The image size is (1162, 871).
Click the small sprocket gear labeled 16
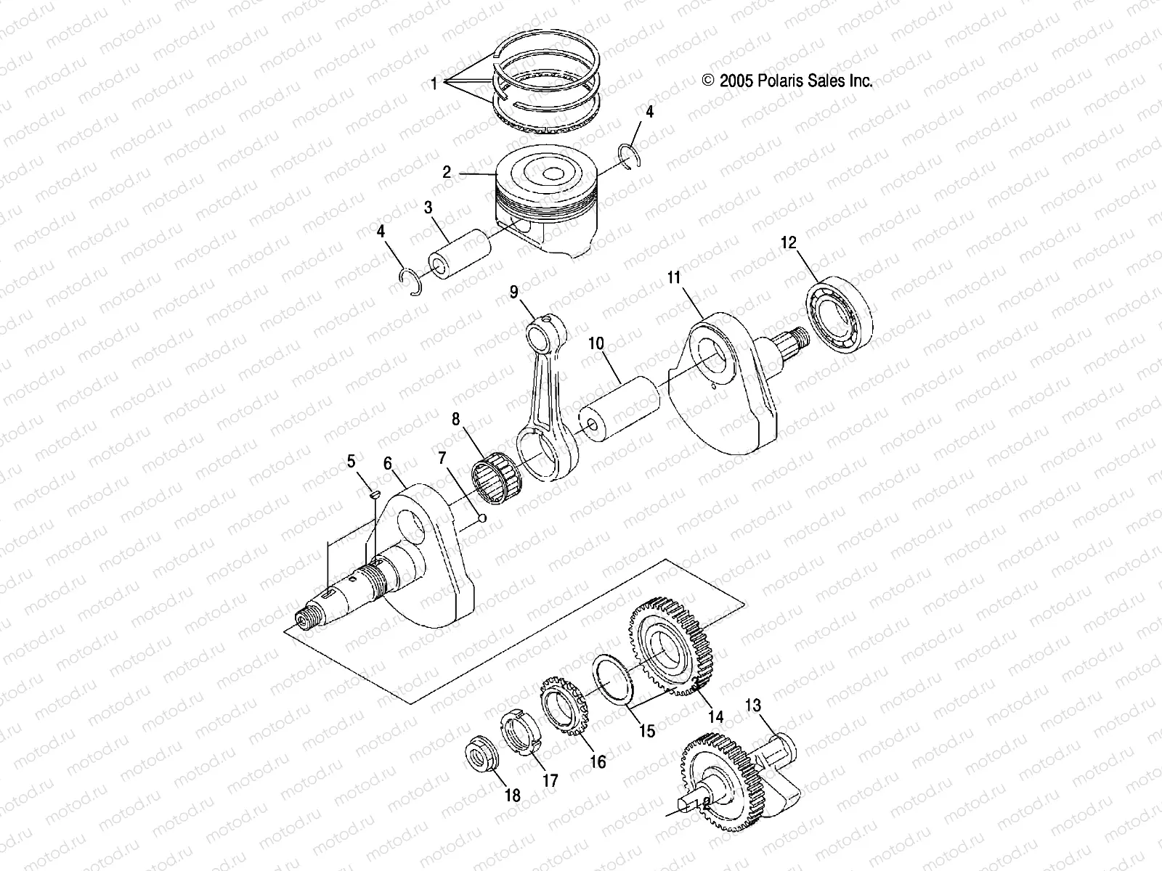pyautogui.click(x=564, y=706)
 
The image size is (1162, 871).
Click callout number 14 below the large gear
pyautogui.click(x=715, y=717)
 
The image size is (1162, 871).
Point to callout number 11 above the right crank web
pyautogui.click(x=673, y=277)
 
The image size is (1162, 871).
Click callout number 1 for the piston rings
pyautogui.click(x=434, y=84)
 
